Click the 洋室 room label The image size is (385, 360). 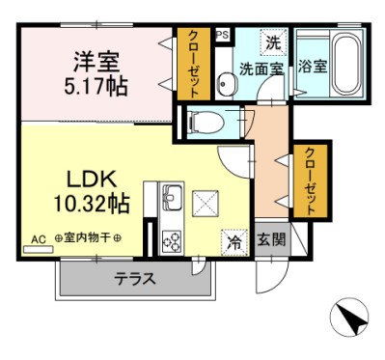coord(95,62)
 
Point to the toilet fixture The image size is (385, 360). coord(207,123)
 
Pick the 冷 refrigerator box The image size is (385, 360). coord(234,240)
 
